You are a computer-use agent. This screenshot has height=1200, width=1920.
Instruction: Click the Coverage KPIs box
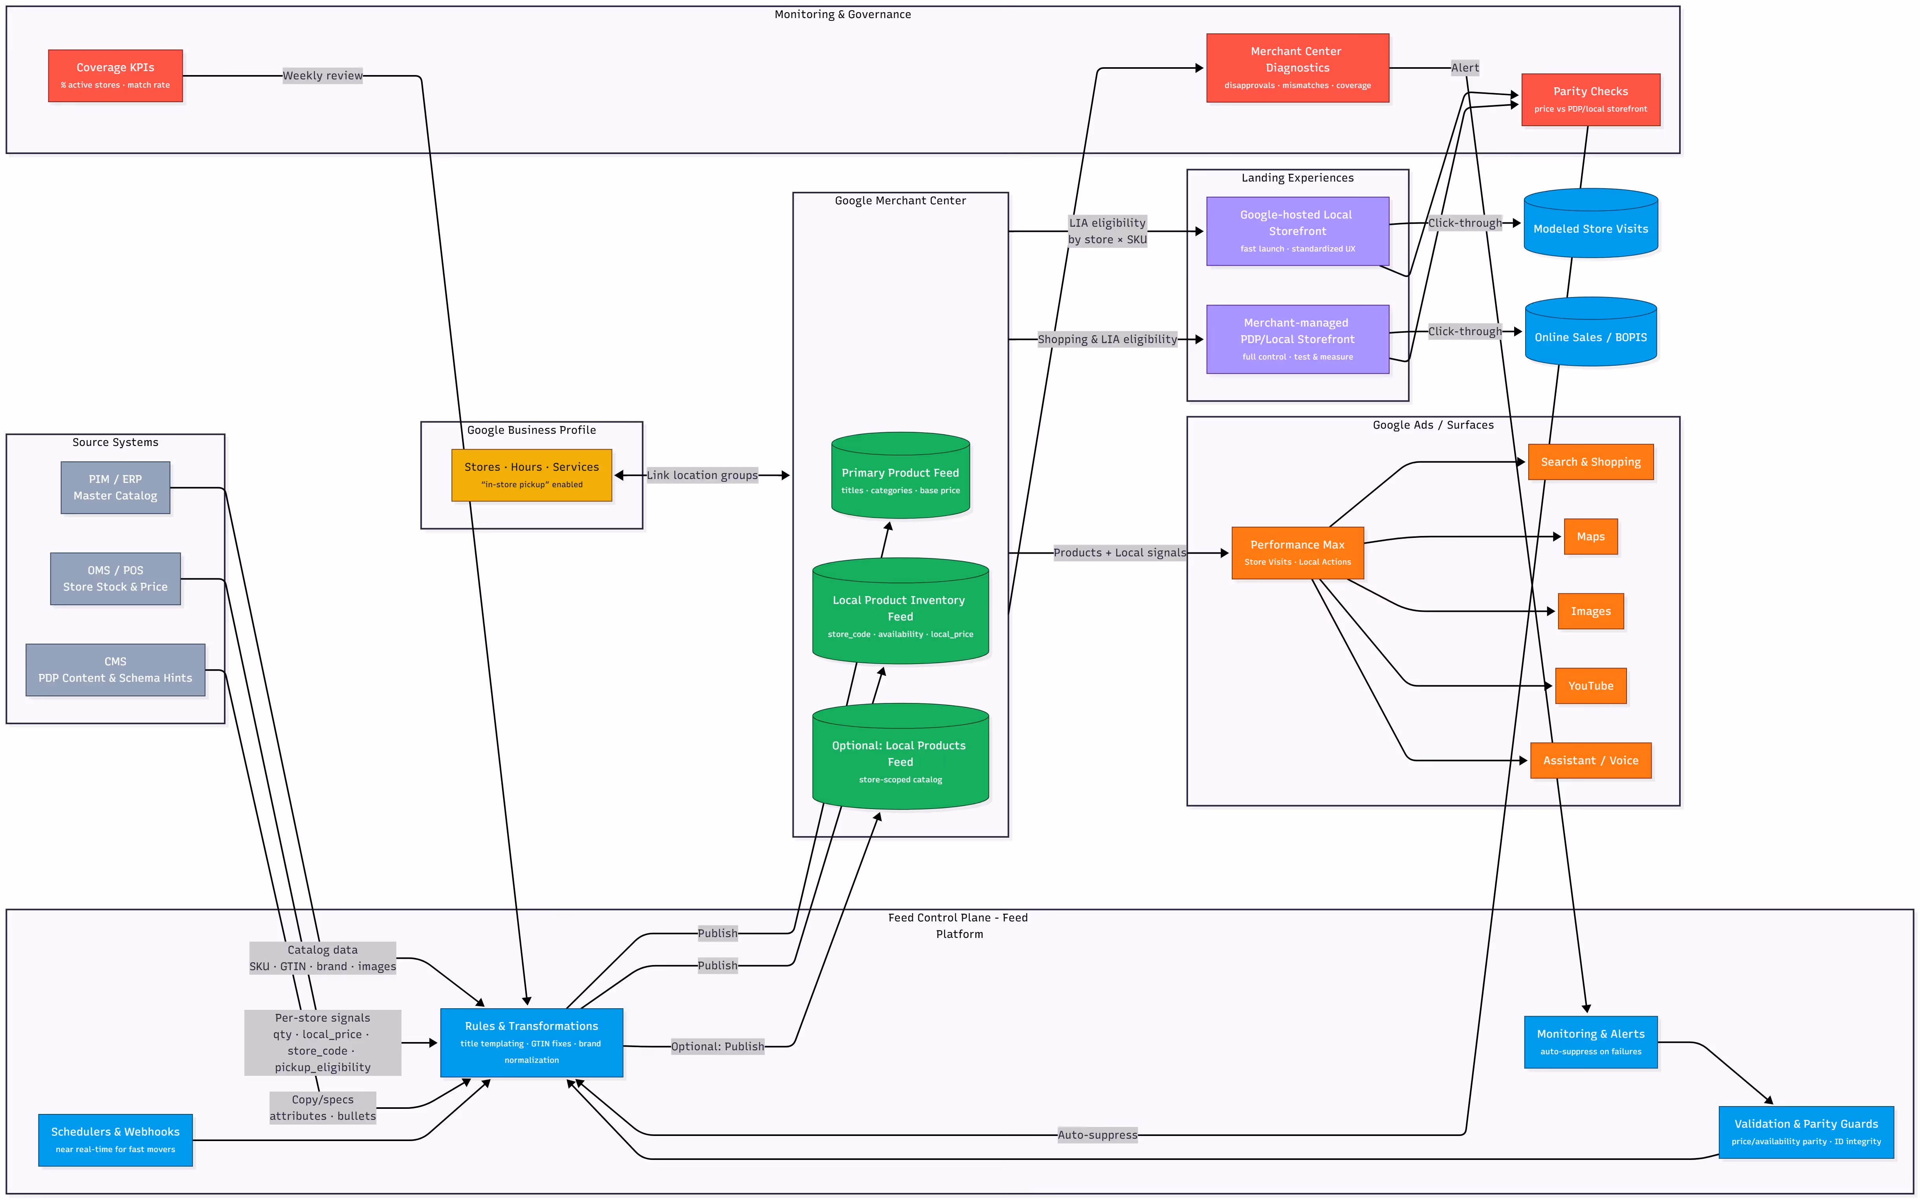(115, 75)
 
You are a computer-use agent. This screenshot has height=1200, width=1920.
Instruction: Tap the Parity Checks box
(1590, 99)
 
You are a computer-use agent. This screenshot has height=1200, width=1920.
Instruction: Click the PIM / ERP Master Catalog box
(115, 487)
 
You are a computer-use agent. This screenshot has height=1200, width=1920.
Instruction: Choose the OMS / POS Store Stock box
(115, 578)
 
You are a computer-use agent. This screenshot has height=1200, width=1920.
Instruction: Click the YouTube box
(1590, 686)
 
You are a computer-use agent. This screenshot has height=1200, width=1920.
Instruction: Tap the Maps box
(1590, 536)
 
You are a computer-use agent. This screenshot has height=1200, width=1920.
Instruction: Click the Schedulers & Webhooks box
(115, 1139)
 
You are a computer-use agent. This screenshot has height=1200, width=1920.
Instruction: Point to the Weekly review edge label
(322, 75)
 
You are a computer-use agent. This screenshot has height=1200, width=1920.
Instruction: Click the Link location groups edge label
(701, 475)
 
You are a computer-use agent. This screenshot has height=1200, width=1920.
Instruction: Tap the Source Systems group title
(115, 442)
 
